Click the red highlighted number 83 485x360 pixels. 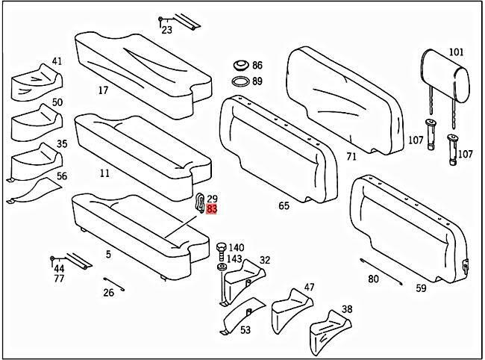pos(212,210)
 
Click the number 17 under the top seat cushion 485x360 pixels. pos(104,91)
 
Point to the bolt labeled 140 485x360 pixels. pos(220,247)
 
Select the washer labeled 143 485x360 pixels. pos(222,266)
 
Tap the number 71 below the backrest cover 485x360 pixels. pos(351,157)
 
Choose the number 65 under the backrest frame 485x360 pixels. pos(284,205)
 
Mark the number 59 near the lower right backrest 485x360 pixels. pos(421,288)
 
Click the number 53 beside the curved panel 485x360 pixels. pos(245,329)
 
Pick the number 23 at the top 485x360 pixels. pos(166,31)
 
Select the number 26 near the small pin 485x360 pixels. pos(108,293)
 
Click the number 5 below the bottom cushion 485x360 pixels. pos(108,255)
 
